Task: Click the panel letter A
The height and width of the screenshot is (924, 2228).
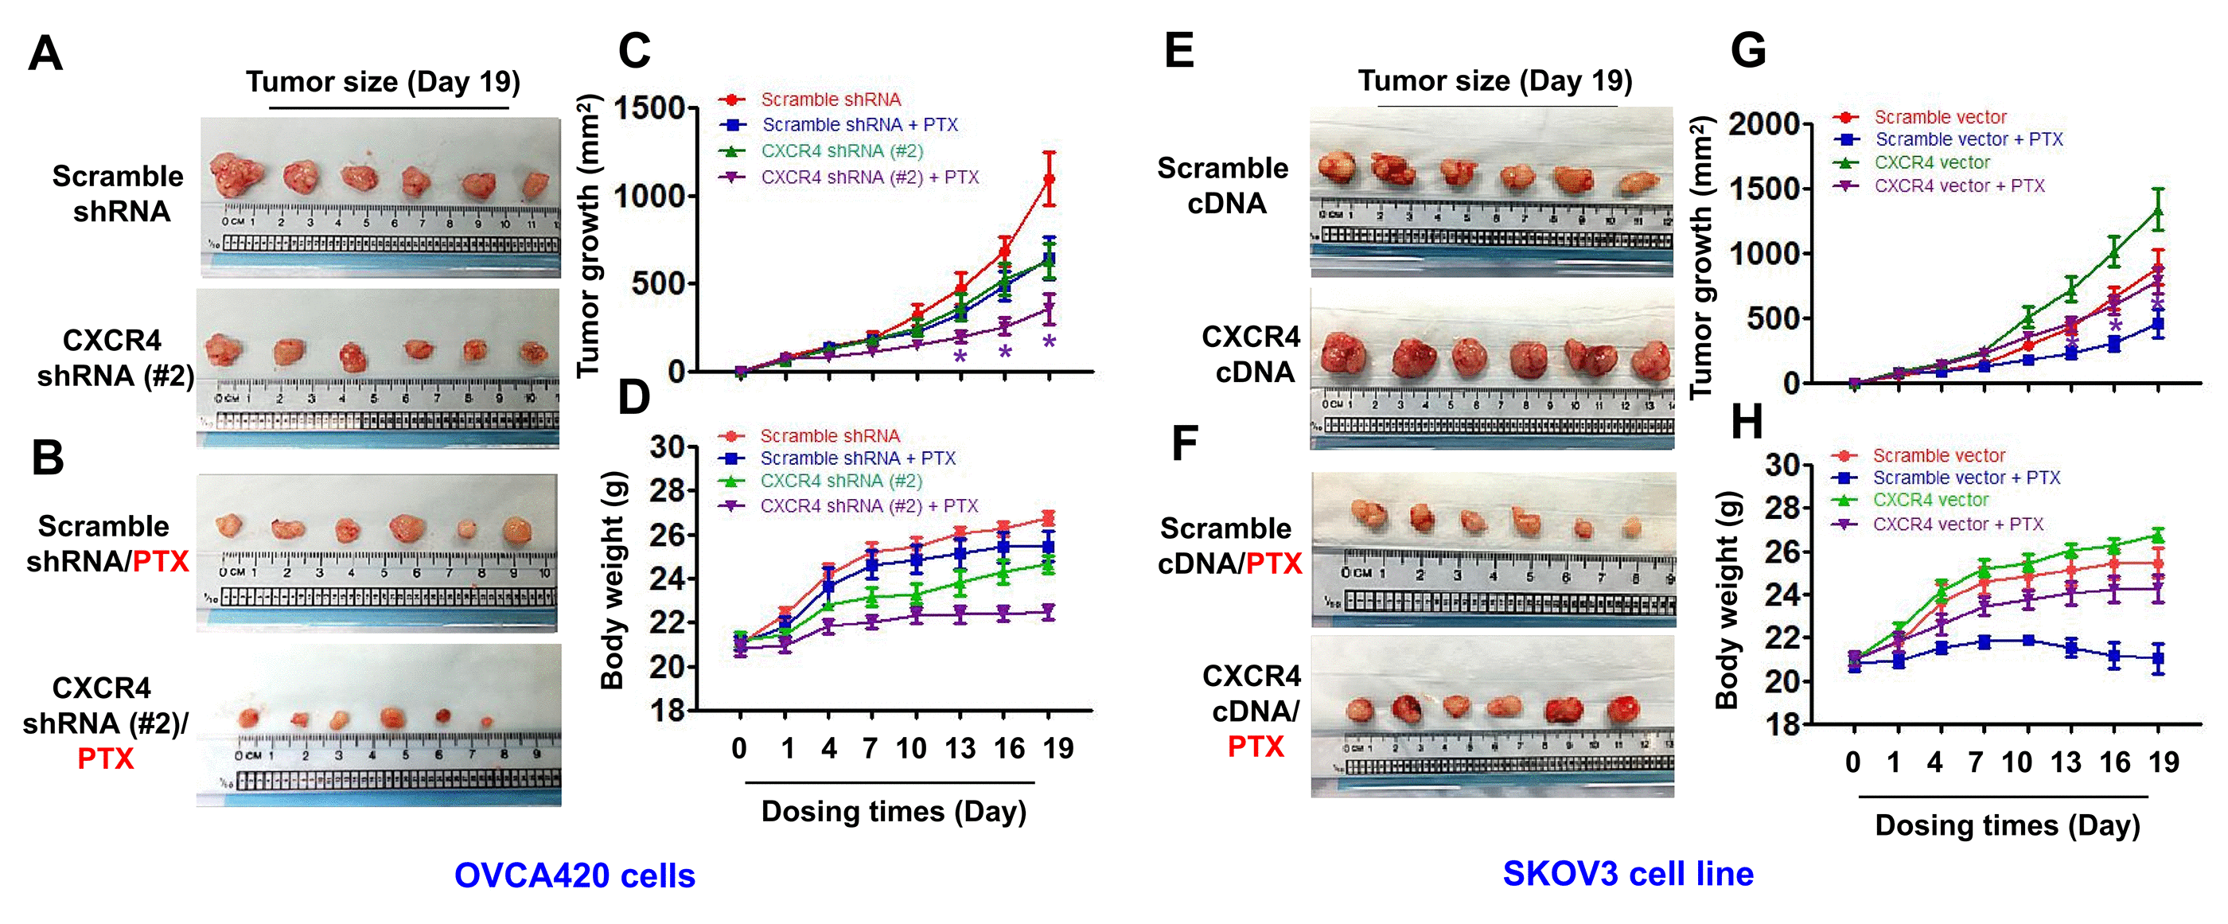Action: click(45, 53)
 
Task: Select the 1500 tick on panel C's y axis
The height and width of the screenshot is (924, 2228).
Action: click(649, 109)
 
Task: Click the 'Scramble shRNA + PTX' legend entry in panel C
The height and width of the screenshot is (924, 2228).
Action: click(859, 125)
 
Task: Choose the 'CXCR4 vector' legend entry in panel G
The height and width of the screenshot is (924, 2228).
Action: click(1931, 162)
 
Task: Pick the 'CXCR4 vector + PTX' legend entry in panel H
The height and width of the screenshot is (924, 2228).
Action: click(1957, 524)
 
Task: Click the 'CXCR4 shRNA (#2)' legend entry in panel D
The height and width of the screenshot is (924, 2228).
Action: click(841, 481)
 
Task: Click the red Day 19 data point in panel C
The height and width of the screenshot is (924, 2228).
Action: click(1049, 179)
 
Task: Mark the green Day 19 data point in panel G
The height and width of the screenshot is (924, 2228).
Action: click(2159, 210)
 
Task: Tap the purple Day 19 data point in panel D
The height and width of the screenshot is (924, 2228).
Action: click(1049, 613)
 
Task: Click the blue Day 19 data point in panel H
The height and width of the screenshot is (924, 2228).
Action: click(2159, 658)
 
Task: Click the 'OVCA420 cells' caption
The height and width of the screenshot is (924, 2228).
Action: click(575, 875)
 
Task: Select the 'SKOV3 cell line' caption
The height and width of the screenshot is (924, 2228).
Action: click(1628, 874)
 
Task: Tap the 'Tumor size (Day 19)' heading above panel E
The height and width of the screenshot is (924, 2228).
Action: click(1494, 80)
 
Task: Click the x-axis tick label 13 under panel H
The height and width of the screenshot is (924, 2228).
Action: click(2066, 762)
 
